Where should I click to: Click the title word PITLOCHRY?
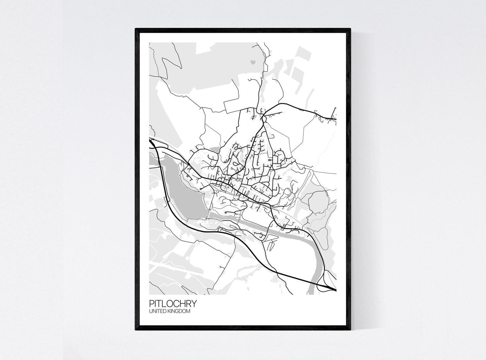pyautogui.click(x=173, y=304)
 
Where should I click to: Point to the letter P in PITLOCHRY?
pyautogui.click(x=151, y=304)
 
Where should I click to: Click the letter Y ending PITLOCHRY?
pyautogui.click(x=194, y=304)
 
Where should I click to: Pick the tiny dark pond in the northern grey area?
pyautogui.click(x=253, y=62)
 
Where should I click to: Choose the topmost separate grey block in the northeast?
pyautogui.click(x=303, y=55)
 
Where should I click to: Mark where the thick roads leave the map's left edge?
pyautogui.click(x=150, y=142)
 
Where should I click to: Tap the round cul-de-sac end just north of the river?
pyautogui.click(x=225, y=212)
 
